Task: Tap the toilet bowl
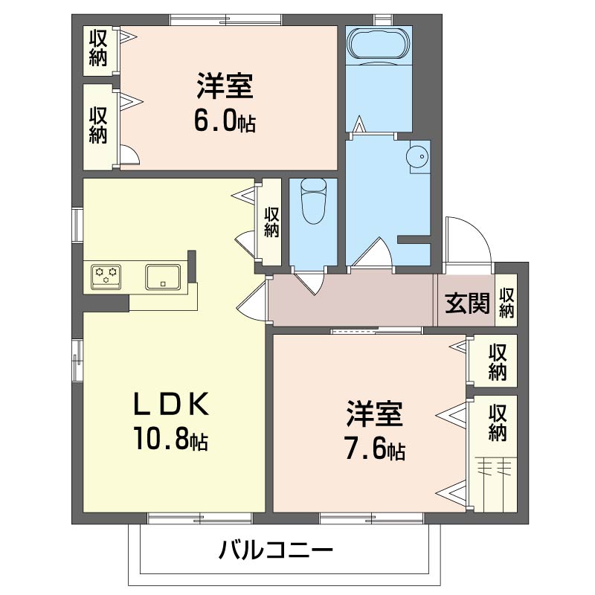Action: [313, 202]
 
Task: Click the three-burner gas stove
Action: [106, 277]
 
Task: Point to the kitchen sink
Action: [163, 277]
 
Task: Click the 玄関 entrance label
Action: [467, 303]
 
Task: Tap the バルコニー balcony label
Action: [276, 550]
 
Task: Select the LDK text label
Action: [171, 405]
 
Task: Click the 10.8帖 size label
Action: [170, 439]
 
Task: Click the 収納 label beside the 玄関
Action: [506, 303]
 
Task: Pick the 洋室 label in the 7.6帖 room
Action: [375, 414]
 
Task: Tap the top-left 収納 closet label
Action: [98, 48]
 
